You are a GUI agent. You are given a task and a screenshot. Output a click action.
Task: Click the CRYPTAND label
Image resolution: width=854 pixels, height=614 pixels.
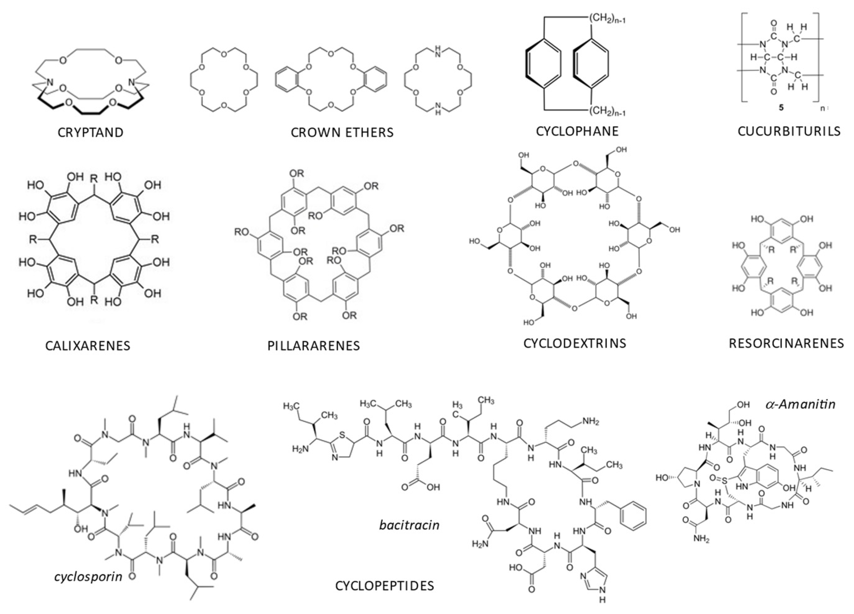[x=90, y=132]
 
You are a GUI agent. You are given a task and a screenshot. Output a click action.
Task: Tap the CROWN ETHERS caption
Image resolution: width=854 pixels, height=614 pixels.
[x=342, y=132]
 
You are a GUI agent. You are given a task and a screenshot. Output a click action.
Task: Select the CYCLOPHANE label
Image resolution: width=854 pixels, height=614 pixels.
[x=577, y=131]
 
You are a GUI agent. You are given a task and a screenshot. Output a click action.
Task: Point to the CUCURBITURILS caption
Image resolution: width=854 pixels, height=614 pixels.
[x=789, y=131]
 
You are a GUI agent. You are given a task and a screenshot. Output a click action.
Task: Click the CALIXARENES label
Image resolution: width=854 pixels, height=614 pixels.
[x=88, y=346]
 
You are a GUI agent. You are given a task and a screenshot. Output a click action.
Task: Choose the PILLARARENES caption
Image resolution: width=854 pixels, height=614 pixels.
[x=314, y=346]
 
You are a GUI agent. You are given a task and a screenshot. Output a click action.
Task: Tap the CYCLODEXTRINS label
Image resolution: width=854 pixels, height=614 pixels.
[x=575, y=343]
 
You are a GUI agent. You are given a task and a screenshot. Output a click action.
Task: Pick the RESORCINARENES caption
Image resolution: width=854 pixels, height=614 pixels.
[x=786, y=343]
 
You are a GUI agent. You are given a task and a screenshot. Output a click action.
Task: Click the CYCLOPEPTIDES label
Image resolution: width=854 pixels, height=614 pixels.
[x=384, y=586]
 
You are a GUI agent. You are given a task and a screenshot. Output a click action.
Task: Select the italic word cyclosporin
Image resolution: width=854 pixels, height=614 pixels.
[x=88, y=576]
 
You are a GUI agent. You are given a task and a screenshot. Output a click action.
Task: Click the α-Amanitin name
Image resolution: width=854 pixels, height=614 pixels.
[x=801, y=404]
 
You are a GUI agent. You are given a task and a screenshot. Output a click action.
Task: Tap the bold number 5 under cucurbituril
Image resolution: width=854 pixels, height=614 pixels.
[x=781, y=108]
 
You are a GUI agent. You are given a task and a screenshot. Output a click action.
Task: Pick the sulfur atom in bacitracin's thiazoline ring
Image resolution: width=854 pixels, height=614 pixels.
[x=342, y=435]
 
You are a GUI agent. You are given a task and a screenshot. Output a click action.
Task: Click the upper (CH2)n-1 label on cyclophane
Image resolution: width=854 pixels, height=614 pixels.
[x=607, y=19]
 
